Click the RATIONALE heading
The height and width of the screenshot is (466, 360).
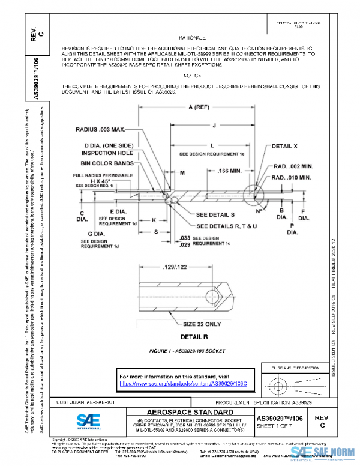[x=192, y=37]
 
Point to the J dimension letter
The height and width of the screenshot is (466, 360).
[x=214, y=125]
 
